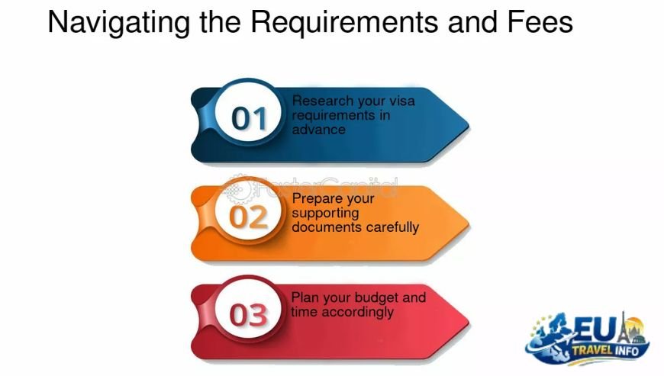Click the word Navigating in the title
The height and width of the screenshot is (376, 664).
[x=119, y=23]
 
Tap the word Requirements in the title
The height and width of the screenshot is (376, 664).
[x=345, y=23]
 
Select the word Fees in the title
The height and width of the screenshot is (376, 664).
[x=540, y=21]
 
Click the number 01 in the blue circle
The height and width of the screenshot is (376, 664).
[x=249, y=118]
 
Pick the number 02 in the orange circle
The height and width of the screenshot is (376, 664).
[x=248, y=217]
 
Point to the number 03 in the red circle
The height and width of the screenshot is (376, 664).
[x=249, y=315]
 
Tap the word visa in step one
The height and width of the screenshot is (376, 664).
[x=402, y=101]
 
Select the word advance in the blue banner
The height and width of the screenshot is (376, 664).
[x=318, y=130]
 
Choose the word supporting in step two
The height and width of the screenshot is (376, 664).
[x=325, y=214]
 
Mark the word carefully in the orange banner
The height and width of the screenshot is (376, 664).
[x=392, y=227]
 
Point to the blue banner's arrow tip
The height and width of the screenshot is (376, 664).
[x=469, y=125]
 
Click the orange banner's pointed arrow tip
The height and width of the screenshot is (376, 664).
[x=469, y=223]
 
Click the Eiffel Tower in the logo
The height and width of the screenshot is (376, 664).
[x=623, y=331]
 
